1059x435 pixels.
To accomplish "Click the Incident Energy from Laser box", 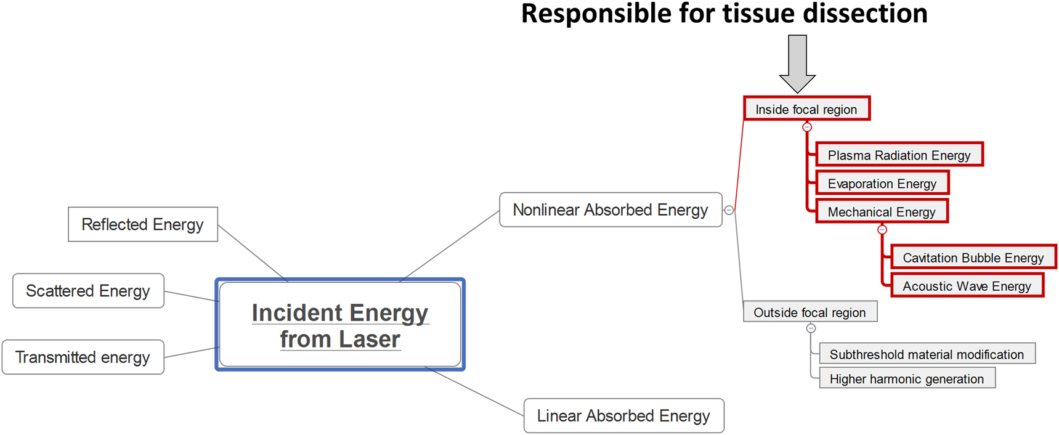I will tap(340, 325).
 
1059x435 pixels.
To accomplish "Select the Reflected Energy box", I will tap(142, 224).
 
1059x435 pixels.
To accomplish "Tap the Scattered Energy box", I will tap(88, 291).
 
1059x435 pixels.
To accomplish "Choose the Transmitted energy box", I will tap(83, 357).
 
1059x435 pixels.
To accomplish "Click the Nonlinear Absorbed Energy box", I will tap(610, 210).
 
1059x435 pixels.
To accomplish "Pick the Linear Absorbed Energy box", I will tap(623, 416).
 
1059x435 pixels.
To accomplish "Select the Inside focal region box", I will tap(806, 109).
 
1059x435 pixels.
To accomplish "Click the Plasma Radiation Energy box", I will tap(899, 155).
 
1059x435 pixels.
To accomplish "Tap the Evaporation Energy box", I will tap(882, 183).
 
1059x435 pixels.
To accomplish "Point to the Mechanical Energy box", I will tap(881, 211).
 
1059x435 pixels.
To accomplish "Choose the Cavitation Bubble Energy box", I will tap(973, 257).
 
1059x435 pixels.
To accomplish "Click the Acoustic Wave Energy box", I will tap(967, 286).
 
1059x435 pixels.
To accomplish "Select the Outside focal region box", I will tap(809, 312).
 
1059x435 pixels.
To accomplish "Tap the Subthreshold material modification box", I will tap(926, 354).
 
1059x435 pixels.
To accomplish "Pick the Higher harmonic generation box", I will tap(906, 379).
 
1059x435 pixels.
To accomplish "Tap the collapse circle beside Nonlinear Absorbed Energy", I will tap(729, 210).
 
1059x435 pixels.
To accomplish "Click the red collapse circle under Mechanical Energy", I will tap(882, 230).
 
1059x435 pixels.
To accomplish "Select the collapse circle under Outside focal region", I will tap(811, 328).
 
